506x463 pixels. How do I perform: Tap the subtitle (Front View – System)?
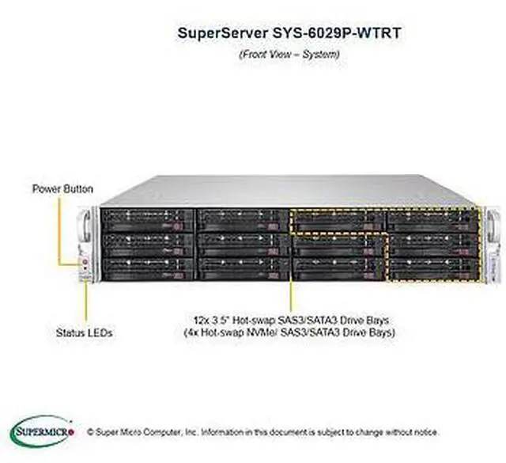click(289, 55)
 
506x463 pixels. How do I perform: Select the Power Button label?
click(62, 189)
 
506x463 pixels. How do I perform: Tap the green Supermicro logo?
click(44, 432)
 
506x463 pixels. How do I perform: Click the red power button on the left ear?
click(86, 258)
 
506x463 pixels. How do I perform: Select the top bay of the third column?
click(338, 219)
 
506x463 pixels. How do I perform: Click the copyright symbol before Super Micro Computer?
click(90, 433)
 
